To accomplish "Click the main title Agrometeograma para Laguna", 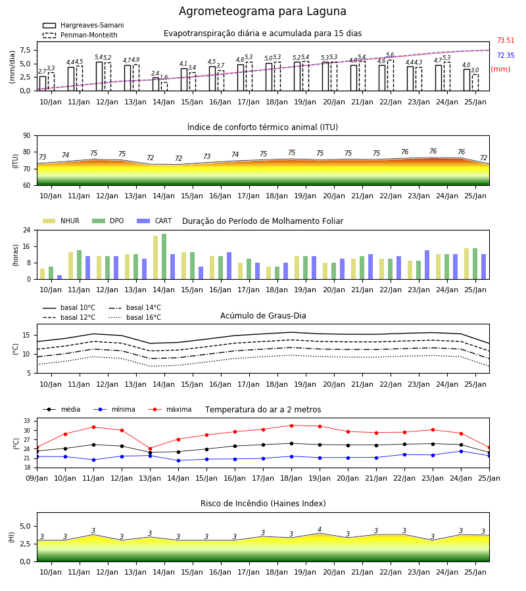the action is point(262,11).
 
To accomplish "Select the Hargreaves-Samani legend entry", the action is point(83,25).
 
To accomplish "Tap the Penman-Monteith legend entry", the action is point(80,35).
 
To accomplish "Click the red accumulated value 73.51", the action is point(506,40).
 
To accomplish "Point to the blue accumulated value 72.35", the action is point(506,55).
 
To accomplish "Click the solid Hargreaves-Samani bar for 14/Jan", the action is point(156,84).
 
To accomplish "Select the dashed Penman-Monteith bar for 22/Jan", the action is point(391,76).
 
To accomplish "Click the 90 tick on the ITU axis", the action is point(27,136).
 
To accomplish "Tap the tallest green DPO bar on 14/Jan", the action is point(164,257).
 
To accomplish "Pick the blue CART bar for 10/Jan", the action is point(60,277).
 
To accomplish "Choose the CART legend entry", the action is point(154,221).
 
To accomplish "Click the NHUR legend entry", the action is point(60,221).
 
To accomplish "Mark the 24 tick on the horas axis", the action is point(27,230).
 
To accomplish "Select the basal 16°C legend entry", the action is point(135,317).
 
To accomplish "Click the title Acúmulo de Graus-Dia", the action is point(263,316).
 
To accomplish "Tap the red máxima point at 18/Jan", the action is point(291,426).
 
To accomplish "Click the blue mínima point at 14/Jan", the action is point(178,460).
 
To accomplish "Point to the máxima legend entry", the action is point(170,409).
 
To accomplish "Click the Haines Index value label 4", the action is point(320,529).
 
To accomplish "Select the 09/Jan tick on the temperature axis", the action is point(37,478).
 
